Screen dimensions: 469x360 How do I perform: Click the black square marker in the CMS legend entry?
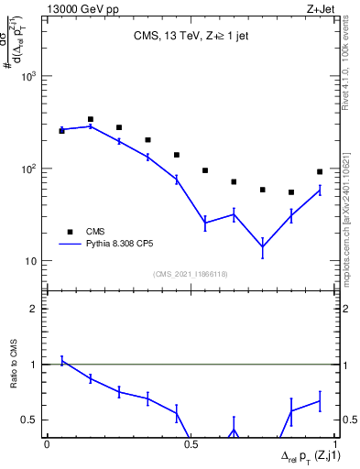[70, 232]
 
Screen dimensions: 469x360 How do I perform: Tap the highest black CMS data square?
[91, 119]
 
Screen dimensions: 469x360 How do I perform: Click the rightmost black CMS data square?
[320, 171]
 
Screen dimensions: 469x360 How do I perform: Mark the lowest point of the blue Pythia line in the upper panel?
[263, 246]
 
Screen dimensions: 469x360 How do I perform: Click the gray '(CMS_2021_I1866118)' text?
[191, 274]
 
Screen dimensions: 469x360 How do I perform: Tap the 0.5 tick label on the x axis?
[191, 444]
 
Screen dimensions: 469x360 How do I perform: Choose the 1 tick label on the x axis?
[334, 444]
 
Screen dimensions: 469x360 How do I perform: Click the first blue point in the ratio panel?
[61, 361]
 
